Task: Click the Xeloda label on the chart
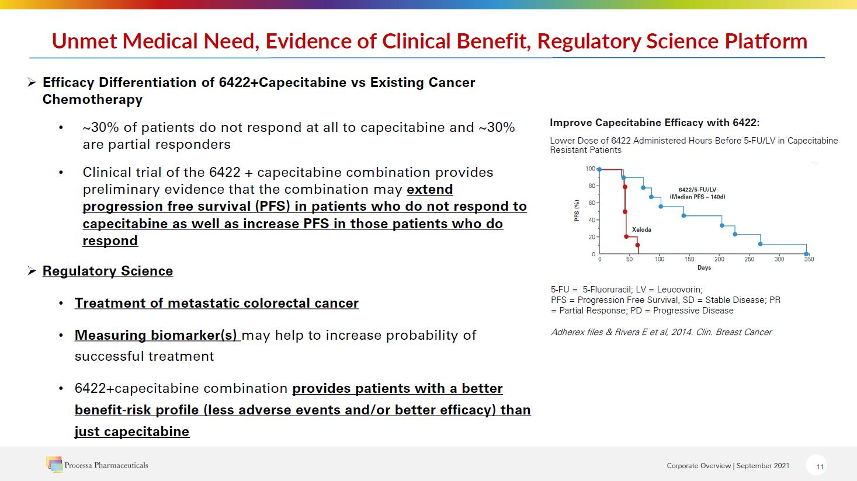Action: point(641,230)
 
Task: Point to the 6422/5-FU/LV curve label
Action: point(698,193)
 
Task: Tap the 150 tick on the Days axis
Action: point(689,259)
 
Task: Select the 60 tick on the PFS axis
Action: point(591,203)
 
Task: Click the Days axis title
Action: point(704,268)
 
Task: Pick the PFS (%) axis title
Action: point(577,211)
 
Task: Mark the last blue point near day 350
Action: point(806,254)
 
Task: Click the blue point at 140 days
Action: point(683,215)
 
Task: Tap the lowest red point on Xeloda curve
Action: point(637,245)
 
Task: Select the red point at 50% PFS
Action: point(624,211)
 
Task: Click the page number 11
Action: point(820,466)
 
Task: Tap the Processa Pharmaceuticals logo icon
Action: point(54,464)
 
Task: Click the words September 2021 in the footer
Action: point(762,466)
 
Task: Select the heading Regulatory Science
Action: point(107,271)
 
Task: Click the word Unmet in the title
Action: point(84,41)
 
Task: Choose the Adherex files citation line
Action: point(661,332)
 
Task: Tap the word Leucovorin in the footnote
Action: point(679,290)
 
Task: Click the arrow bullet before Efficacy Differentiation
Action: point(32,82)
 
